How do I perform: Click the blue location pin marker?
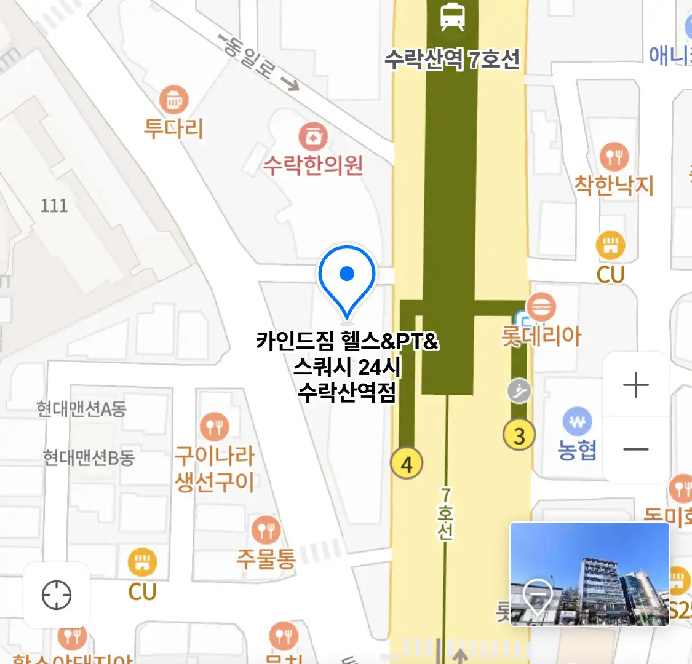[x=347, y=278]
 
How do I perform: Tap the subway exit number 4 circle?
[x=407, y=464]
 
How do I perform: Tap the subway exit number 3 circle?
[x=519, y=435]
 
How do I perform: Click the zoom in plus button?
[x=636, y=385]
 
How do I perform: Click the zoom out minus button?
[x=636, y=449]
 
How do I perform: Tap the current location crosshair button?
[x=57, y=595]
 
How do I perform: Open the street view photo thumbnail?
[x=589, y=574]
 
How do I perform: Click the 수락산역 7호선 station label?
[x=452, y=60]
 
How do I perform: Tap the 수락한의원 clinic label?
[x=313, y=165]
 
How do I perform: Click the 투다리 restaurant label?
[x=173, y=128]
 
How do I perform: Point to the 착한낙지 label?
[x=613, y=185]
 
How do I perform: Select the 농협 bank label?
[x=577, y=450]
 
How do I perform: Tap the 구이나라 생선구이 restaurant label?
[x=215, y=468]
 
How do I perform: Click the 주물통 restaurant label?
[x=266, y=558]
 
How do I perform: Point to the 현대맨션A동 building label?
[x=81, y=409]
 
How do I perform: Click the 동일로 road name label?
[x=249, y=57]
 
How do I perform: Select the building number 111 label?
[x=54, y=205]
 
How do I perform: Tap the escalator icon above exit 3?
[x=519, y=390]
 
